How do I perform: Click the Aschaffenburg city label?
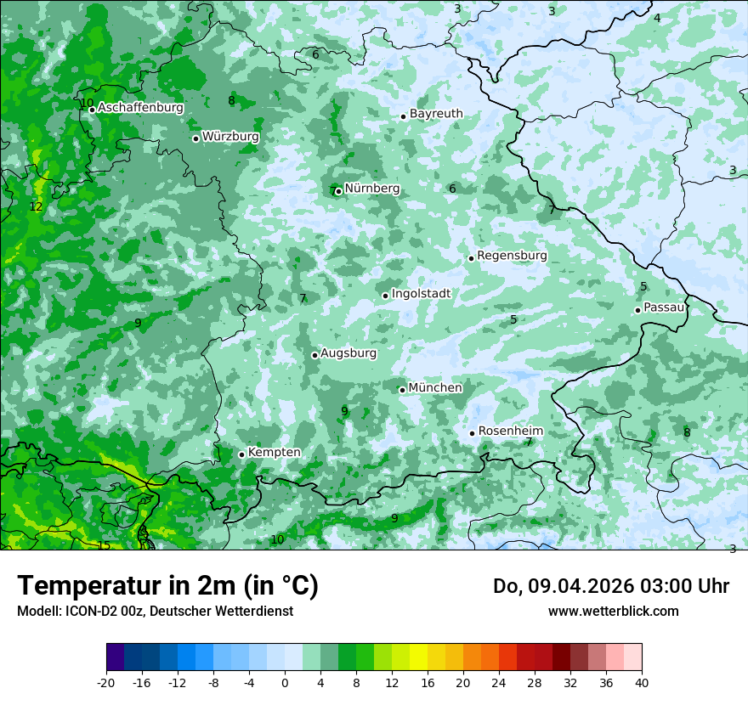click(x=140, y=108)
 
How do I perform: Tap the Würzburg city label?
click(x=230, y=137)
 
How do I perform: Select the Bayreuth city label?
click(x=436, y=114)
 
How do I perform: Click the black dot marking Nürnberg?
click(x=338, y=191)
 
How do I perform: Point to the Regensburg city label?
click(x=512, y=256)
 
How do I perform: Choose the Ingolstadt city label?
click(x=421, y=294)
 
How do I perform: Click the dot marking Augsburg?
click(x=314, y=355)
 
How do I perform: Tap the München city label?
click(x=435, y=388)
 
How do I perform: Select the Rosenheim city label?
click(x=510, y=431)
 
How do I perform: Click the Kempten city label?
click(x=274, y=453)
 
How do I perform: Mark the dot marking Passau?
click(x=637, y=310)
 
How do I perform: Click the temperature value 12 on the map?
click(x=36, y=206)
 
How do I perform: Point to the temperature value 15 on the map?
click(x=104, y=545)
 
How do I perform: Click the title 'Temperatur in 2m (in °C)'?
click(x=167, y=586)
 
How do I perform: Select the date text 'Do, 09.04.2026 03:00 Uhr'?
click(x=610, y=586)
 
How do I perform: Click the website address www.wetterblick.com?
click(x=613, y=611)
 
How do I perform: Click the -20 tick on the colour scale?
click(x=106, y=683)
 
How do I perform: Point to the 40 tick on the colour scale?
click(x=641, y=683)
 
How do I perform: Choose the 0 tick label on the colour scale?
click(x=285, y=683)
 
